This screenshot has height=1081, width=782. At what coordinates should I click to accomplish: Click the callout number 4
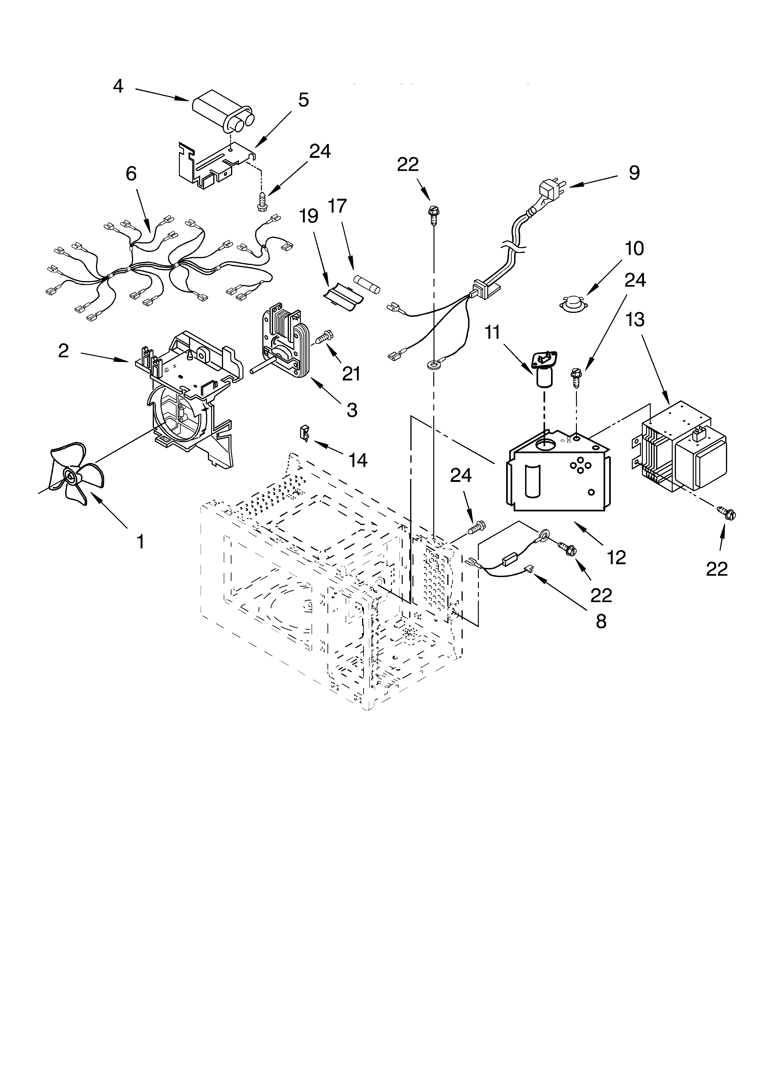pos(118,86)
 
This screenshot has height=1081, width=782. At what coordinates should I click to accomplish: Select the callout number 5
pos(303,100)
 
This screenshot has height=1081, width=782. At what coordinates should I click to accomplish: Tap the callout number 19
pos(309,216)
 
